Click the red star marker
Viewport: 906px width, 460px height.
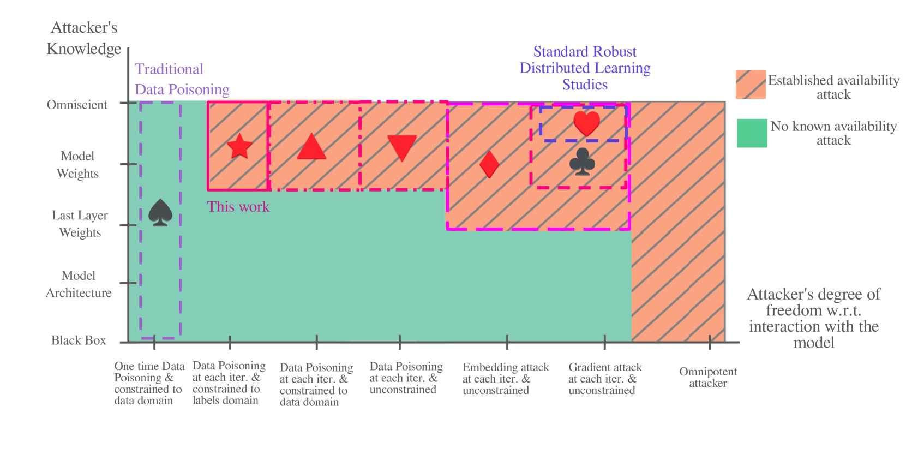(239, 146)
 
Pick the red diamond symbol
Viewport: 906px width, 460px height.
(489, 164)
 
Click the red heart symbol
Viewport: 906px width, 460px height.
(586, 123)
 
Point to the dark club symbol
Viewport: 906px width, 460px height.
(582, 162)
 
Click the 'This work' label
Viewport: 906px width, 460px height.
(238, 207)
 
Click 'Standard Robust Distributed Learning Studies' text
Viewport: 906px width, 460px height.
(585, 68)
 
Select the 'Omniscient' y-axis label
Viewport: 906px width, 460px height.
(77, 105)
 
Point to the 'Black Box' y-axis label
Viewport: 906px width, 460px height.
(79, 340)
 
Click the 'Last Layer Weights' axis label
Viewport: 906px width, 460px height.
(80, 224)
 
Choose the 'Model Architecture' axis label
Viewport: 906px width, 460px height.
(79, 284)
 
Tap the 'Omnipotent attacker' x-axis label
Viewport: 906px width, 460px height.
(708, 377)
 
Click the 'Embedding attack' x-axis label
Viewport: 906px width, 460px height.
(506, 378)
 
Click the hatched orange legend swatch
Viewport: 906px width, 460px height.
(750, 85)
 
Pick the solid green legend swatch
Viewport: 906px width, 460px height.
(752, 133)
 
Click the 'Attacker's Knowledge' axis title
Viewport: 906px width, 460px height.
(83, 38)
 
